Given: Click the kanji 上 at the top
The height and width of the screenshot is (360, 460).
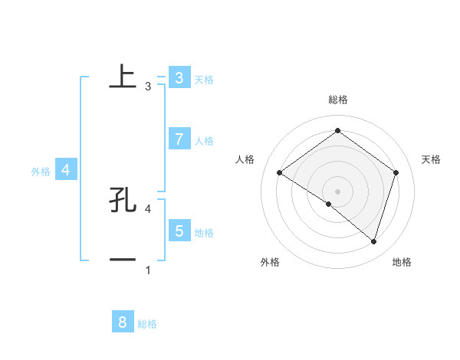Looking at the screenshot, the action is click(123, 77).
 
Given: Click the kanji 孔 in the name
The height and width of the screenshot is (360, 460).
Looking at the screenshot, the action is click(123, 200).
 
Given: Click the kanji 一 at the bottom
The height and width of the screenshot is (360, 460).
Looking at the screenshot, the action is click(123, 260).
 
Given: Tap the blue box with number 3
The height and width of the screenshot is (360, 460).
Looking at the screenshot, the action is click(179, 77).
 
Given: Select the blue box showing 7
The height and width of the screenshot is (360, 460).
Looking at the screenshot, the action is click(179, 139).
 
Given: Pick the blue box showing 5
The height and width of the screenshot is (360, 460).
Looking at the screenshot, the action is click(179, 231).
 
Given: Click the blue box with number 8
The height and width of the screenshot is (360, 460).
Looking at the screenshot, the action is click(123, 322).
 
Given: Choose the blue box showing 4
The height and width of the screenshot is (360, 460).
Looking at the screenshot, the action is click(66, 169).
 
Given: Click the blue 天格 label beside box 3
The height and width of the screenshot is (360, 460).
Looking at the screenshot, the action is click(204, 79).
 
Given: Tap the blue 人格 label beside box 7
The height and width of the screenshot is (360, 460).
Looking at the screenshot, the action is click(204, 141).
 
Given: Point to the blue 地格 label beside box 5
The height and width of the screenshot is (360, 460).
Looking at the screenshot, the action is click(204, 233).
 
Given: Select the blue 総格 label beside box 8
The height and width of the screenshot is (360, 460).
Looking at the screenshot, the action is click(147, 324).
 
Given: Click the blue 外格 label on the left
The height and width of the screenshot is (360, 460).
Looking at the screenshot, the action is click(41, 172).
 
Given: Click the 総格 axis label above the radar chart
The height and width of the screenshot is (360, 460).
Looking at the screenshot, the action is click(337, 100).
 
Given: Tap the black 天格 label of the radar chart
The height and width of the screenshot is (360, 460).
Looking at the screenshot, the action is click(432, 159).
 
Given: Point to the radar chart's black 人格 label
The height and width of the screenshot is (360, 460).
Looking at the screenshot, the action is click(245, 159).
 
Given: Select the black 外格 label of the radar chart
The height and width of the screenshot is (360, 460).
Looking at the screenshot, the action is click(270, 262).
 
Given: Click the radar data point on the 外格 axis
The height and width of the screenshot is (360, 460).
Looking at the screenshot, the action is click(329, 205).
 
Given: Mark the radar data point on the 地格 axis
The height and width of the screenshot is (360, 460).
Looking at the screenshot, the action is click(373, 241).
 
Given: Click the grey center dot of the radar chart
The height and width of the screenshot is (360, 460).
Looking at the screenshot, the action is click(337, 191).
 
